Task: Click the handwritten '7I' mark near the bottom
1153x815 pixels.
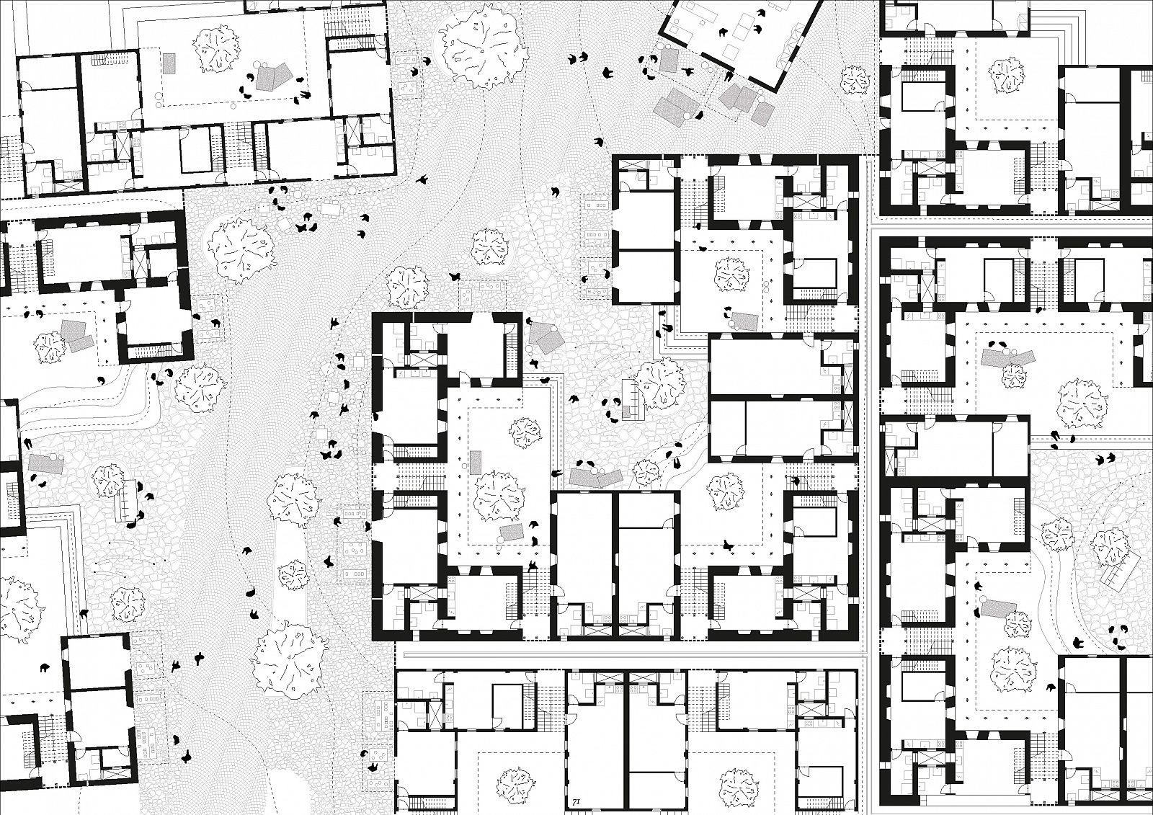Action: coord(575,800)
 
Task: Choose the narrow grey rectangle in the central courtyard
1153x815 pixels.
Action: coord(476,460)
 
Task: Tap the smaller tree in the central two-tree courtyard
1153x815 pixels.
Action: coord(525,432)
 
